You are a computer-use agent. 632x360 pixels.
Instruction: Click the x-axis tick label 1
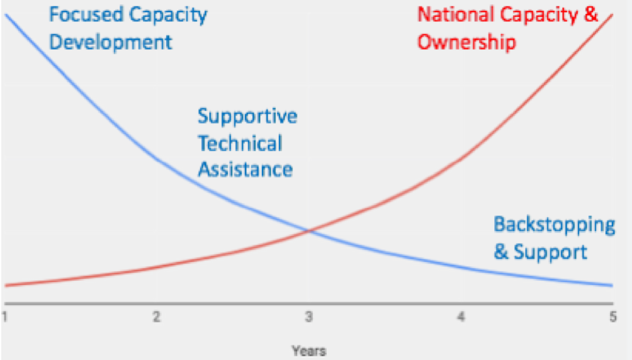[4, 317]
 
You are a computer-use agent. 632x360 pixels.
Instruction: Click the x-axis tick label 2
[156, 317]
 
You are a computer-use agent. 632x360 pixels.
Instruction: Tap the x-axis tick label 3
[308, 317]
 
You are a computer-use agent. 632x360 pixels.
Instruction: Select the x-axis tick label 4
[461, 317]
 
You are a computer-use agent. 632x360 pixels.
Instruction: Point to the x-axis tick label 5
[612, 317]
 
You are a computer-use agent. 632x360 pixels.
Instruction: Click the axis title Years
[308, 351]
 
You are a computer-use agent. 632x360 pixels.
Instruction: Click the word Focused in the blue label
[86, 15]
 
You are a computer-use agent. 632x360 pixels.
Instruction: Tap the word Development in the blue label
[110, 42]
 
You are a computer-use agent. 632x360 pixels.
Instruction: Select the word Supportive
[247, 117]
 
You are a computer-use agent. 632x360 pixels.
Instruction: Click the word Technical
[240, 143]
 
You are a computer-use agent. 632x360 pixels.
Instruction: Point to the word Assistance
[245, 170]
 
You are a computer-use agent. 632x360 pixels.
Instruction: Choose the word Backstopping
[555, 225]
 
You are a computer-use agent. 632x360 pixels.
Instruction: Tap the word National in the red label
[456, 15]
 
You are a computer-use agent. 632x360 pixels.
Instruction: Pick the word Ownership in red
[466, 42]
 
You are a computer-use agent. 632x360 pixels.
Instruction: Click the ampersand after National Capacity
[591, 15]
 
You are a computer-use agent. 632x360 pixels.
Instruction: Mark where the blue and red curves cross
[309, 230]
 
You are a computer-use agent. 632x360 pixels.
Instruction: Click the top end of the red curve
[612, 15]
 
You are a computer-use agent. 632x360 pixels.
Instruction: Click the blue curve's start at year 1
[6, 15]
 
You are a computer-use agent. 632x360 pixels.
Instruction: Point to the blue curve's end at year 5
[612, 286]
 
